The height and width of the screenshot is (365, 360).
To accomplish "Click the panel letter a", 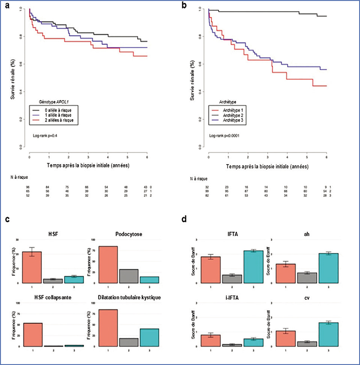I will (7, 6).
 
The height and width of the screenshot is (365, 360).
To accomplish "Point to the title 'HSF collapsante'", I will (46, 297).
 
